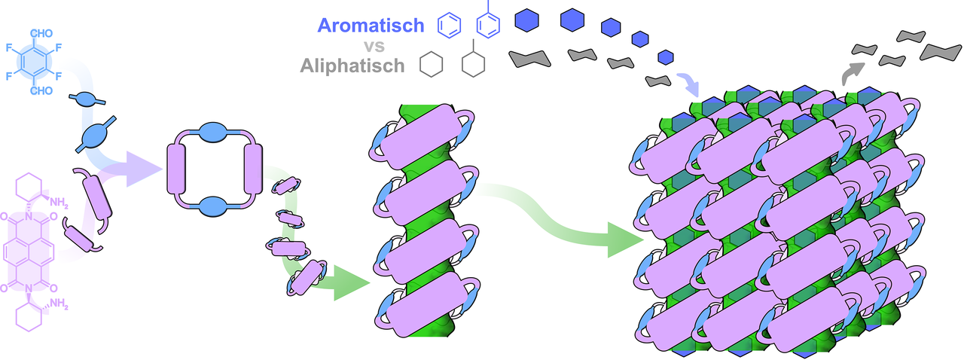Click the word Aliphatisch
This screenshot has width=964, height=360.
click(x=352, y=66)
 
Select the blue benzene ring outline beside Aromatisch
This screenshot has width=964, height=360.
click(x=450, y=26)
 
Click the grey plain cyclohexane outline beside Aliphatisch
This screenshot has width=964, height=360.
click(x=432, y=65)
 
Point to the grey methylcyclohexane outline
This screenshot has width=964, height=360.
click(x=473, y=63)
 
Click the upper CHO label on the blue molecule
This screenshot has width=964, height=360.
click(x=41, y=33)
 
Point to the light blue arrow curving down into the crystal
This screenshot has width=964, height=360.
click(x=686, y=81)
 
